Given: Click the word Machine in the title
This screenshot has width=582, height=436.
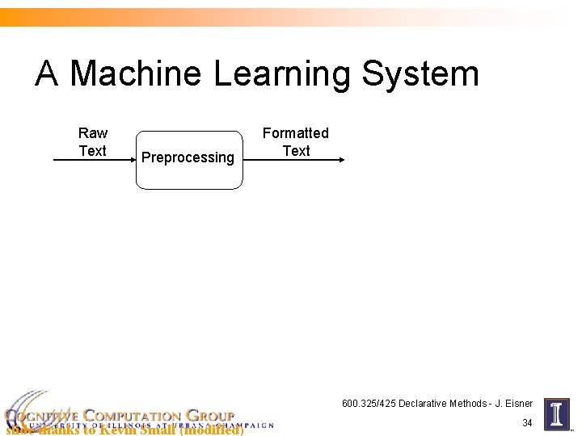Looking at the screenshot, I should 136,74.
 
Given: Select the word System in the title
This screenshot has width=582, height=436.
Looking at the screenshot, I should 420,74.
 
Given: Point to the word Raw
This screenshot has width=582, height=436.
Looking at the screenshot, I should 93,133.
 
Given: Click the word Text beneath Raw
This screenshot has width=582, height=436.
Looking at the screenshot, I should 93,151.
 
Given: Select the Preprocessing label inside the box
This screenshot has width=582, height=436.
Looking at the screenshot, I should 188,157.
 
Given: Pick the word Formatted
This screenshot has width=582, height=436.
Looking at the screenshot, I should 296,133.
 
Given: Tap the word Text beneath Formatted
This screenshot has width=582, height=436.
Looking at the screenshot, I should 296,151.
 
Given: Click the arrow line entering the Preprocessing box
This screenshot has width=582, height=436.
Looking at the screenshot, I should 93,161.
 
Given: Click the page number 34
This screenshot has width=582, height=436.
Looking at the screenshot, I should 527,423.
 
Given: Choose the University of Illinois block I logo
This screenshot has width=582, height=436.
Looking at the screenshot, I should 557,414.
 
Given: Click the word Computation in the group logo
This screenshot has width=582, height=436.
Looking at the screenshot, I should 133,416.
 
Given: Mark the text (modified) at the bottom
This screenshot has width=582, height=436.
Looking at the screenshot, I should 211,430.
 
